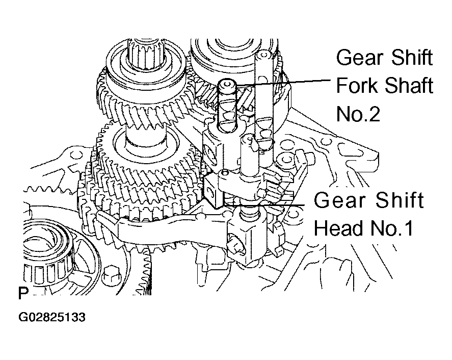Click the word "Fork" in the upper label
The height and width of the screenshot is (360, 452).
[357, 85]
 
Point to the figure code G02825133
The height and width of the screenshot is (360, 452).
[52, 317]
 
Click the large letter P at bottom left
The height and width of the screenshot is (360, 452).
[23, 293]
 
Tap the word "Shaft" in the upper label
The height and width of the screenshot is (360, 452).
[409, 85]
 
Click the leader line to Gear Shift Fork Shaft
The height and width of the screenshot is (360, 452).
[283, 82]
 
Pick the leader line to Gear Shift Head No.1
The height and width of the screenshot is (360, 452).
[264, 205]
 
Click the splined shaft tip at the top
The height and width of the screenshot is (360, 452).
[146, 49]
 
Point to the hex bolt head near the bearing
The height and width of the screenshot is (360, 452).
[111, 274]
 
